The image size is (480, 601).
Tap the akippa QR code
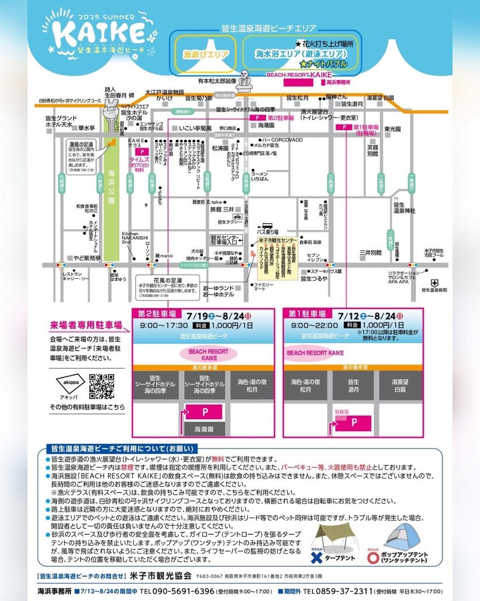(102, 386)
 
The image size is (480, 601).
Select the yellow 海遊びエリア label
(206, 54)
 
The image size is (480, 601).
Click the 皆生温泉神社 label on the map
(404, 208)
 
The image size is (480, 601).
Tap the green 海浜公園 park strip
(111, 198)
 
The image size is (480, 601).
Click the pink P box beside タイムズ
(142, 152)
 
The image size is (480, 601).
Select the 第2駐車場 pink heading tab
(157, 314)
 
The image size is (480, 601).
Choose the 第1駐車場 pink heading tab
(307, 314)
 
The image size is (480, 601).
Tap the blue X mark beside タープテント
(317, 557)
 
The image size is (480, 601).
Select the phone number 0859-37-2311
(338, 591)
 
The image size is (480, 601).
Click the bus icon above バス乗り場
(267, 226)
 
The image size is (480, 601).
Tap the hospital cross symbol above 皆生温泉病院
(435, 283)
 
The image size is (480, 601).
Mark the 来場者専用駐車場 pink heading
(86, 325)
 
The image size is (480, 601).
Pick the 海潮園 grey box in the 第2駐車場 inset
(204, 430)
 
